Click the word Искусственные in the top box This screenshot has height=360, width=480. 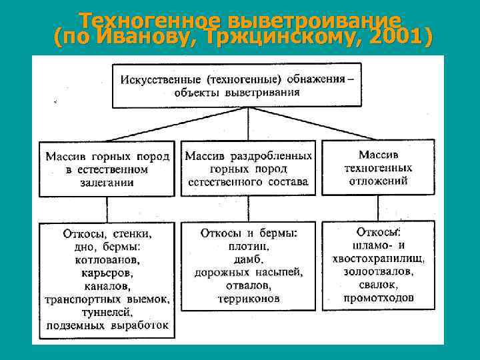click(x=160, y=79)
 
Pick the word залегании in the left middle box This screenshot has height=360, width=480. click(x=107, y=182)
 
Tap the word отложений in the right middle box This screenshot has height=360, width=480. click(x=378, y=181)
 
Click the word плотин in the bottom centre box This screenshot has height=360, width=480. click(x=248, y=246)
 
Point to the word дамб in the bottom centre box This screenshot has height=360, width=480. click(x=248, y=259)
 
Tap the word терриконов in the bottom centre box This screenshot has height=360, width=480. click(x=248, y=298)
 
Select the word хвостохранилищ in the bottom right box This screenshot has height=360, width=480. click(x=378, y=259)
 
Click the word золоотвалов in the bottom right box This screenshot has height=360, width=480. click(x=378, y=272)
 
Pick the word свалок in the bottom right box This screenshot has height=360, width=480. click(x=378, y=285)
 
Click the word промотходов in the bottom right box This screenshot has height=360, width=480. click(x=378, y=298)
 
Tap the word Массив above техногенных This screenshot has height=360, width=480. click(x=378, y=155)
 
